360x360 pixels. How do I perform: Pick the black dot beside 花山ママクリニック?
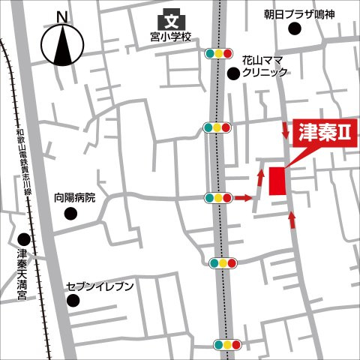(234, 73)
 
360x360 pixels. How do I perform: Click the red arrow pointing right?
(244, 198)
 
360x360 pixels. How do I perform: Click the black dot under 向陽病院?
(70, 214)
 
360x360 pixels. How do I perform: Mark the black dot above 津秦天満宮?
(22, 241)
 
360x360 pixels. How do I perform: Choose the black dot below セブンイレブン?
(73, 301)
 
